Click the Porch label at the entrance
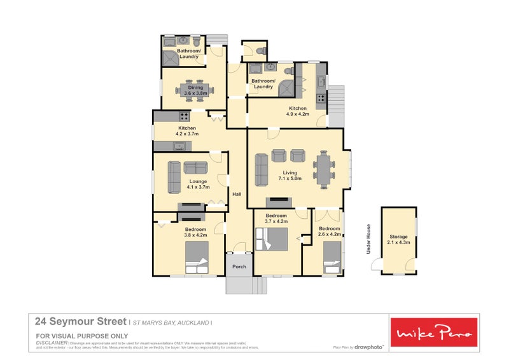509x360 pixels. pos(239,267)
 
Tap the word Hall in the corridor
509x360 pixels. pos(236,194)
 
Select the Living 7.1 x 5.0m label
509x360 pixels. pos(289,175)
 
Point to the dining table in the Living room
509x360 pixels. pos(323,170)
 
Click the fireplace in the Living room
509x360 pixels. pos(279,203)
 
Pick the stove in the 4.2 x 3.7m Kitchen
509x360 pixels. pos(184,116)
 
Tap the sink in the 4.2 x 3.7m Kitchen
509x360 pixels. pos(180,147)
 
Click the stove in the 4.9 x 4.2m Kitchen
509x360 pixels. pos(322,98)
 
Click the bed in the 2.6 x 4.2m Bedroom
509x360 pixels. pos(332,261)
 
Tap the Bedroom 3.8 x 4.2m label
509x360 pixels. pos(195,232)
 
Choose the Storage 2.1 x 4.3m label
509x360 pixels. pos(399,239)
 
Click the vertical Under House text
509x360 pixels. pos(368,239)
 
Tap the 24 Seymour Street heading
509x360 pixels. pos(80,322)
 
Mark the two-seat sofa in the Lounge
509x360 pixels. pos(195,167)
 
